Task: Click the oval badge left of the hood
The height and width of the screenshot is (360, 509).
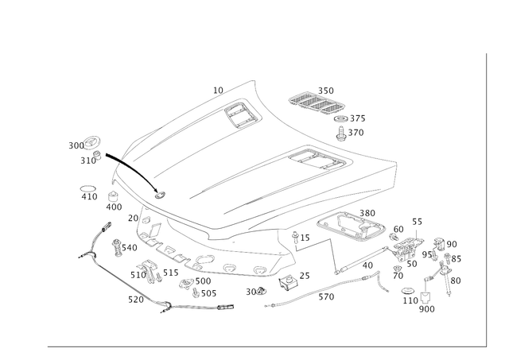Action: (x=91, y=142)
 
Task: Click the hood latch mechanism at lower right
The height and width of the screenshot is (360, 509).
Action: (x=405, y=242)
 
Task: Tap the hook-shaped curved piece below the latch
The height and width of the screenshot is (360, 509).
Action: (x=381, y=278)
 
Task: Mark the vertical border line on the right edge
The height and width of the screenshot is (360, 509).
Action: (x=485, y=199)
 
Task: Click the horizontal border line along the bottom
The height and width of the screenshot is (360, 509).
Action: (x=262, y=346)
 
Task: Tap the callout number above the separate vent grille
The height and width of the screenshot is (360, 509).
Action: (x=326, y=87)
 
